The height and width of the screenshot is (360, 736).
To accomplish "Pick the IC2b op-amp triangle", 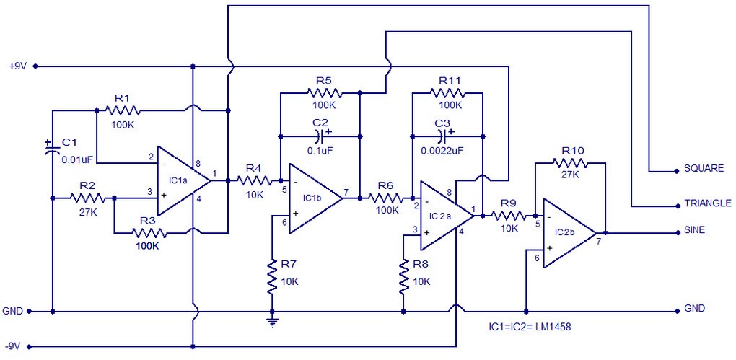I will coord(567,233).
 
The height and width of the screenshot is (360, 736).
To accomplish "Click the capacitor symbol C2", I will coord(320,135).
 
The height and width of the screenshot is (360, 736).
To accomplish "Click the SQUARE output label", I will coord(704,169).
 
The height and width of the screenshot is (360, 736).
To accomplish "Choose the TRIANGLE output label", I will coord(706,204).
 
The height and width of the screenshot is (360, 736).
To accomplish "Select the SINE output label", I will coord(693,231).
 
